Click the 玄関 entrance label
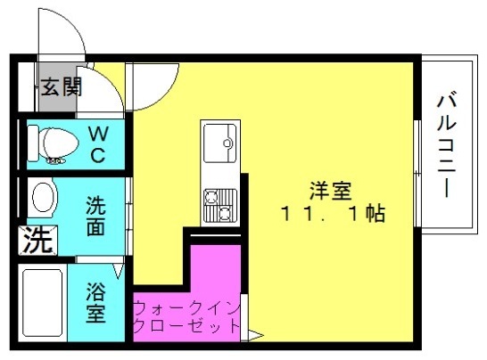click(62, 86)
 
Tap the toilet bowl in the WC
click(54, 143)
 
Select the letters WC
click(98, 144)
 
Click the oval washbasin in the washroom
click(43, 197)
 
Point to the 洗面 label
click(95, 216)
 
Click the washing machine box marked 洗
click(37, 241)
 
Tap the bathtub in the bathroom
click(43, 303)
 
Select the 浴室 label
click(95, 302)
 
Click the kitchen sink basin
click(220, 143)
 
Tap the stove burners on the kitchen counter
click(220, 205)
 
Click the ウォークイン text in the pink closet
click(187, 308)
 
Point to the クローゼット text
click(187, 326)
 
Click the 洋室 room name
click(330, 192)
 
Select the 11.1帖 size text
click(333, 214)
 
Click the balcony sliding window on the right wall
click(417, 173)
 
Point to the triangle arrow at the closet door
click(256, 335)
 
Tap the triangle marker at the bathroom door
click(119, 270)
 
